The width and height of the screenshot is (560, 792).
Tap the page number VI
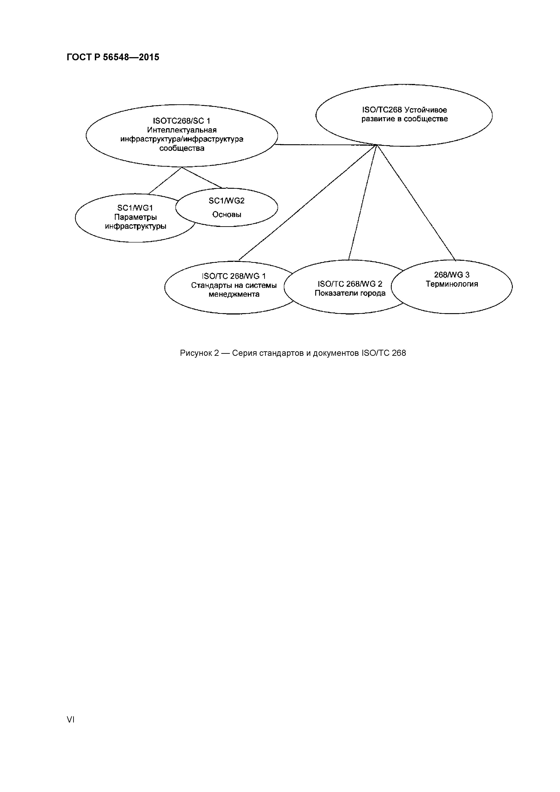click(x=70, y=719)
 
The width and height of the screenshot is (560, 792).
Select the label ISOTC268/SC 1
click(x=182, y=121)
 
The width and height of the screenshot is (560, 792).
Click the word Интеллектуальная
click(x=182, y=130)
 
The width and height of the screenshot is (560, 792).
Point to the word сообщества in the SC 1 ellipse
click(x=182, y=148)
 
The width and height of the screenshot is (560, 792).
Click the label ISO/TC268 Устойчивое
click(x=404, y=110)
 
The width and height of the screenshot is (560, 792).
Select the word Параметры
click(x=135, y=217)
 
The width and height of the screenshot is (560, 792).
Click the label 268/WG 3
click(x=452, y=275)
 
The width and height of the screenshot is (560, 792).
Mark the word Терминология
click(x=452, y=284)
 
